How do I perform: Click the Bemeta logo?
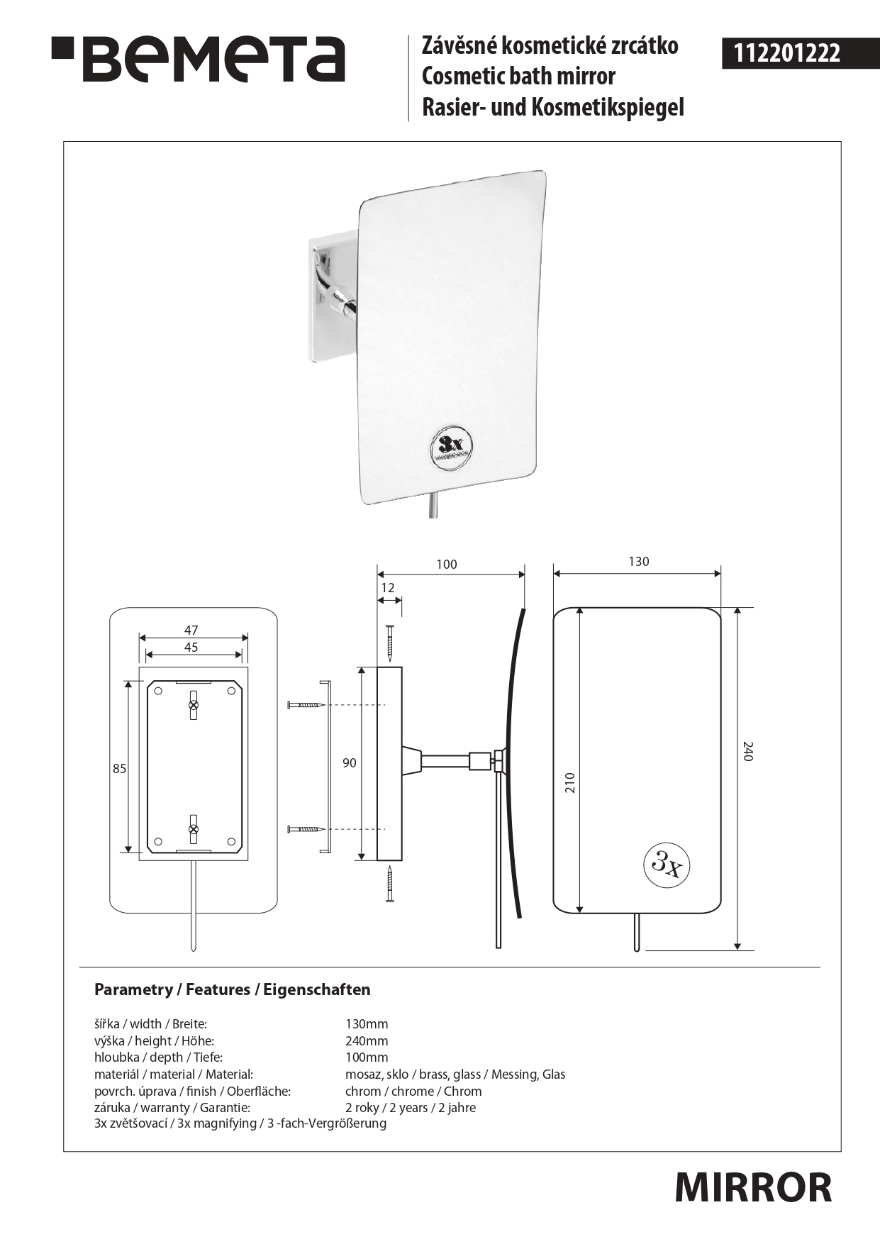point(198,59)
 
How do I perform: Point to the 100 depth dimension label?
point(447,565)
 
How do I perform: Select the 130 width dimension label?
point(638,562)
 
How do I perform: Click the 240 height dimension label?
point(747,751)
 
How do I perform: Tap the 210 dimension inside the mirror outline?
point(570,782)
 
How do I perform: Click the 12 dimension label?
point(388,588)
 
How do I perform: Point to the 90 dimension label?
point(350,763)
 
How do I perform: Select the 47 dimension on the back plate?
point(191,630)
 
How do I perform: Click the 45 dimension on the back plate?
point(191,647)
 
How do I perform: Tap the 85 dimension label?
point(119,768)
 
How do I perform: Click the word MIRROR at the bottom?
point(753,1187)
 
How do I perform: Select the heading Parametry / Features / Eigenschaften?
point(233,989)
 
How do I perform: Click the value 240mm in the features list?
point(367,1041)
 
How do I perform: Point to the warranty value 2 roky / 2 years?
point(386,1108)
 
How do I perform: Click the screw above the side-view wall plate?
point(389,641)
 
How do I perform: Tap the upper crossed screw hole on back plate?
point(194,705)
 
